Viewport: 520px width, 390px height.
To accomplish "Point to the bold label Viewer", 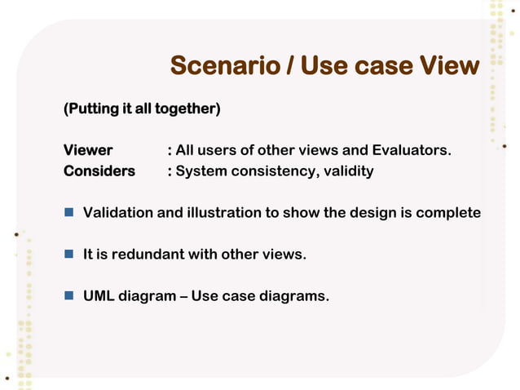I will [88, 150].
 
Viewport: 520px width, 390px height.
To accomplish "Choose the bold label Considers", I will [99, 171].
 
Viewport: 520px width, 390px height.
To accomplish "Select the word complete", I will [448, 213].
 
